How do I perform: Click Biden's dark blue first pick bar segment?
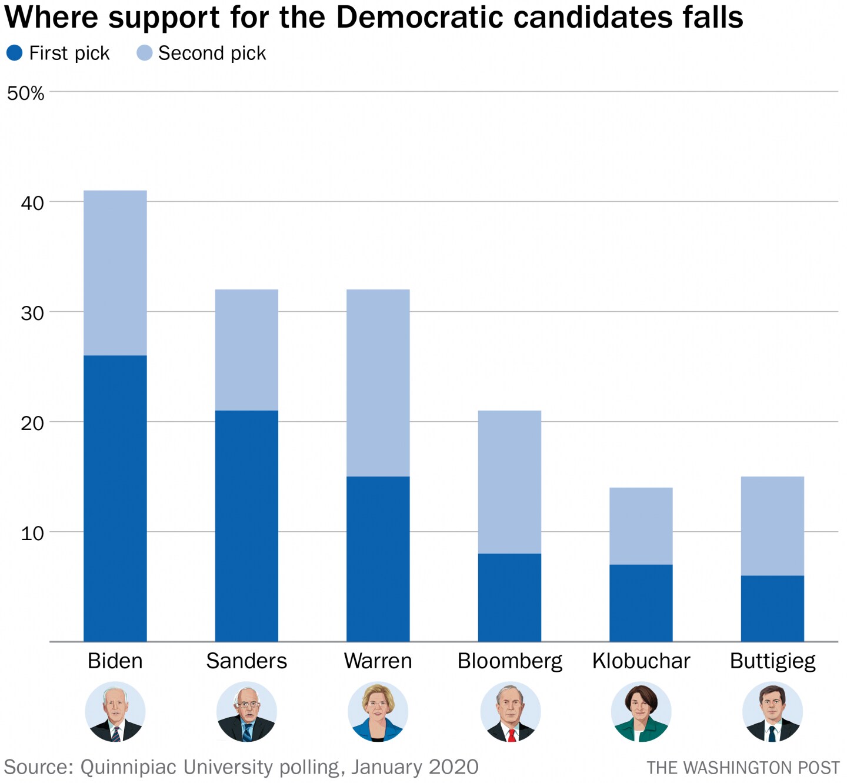click(x=115, y=498)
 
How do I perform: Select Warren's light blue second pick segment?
click(x=378, y=382)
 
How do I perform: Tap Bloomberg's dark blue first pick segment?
click(x=509, y=597)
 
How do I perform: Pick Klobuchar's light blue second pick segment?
click(x=641, y=526)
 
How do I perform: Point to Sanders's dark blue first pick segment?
click(x=246, y=525)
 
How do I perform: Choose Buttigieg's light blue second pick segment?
click(x=772, y=526)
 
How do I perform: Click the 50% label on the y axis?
click(x=25, y=94)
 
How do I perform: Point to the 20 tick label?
click(x=32, y=423)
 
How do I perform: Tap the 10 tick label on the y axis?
click(x=32, y=534)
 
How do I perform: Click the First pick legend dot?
click(x=14, y=53)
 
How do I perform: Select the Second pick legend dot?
click(x=144, y=53)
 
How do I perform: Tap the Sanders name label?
click(x=246, y=661)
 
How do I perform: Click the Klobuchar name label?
click(x=641, y=661)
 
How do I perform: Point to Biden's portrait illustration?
click(x=115, y=712)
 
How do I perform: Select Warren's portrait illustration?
click(x=378, y=712)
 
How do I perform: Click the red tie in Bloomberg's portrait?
click(x=512, y=735)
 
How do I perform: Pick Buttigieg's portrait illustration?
click(x=772, y=712)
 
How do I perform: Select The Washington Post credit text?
click(x=743, y=768)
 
